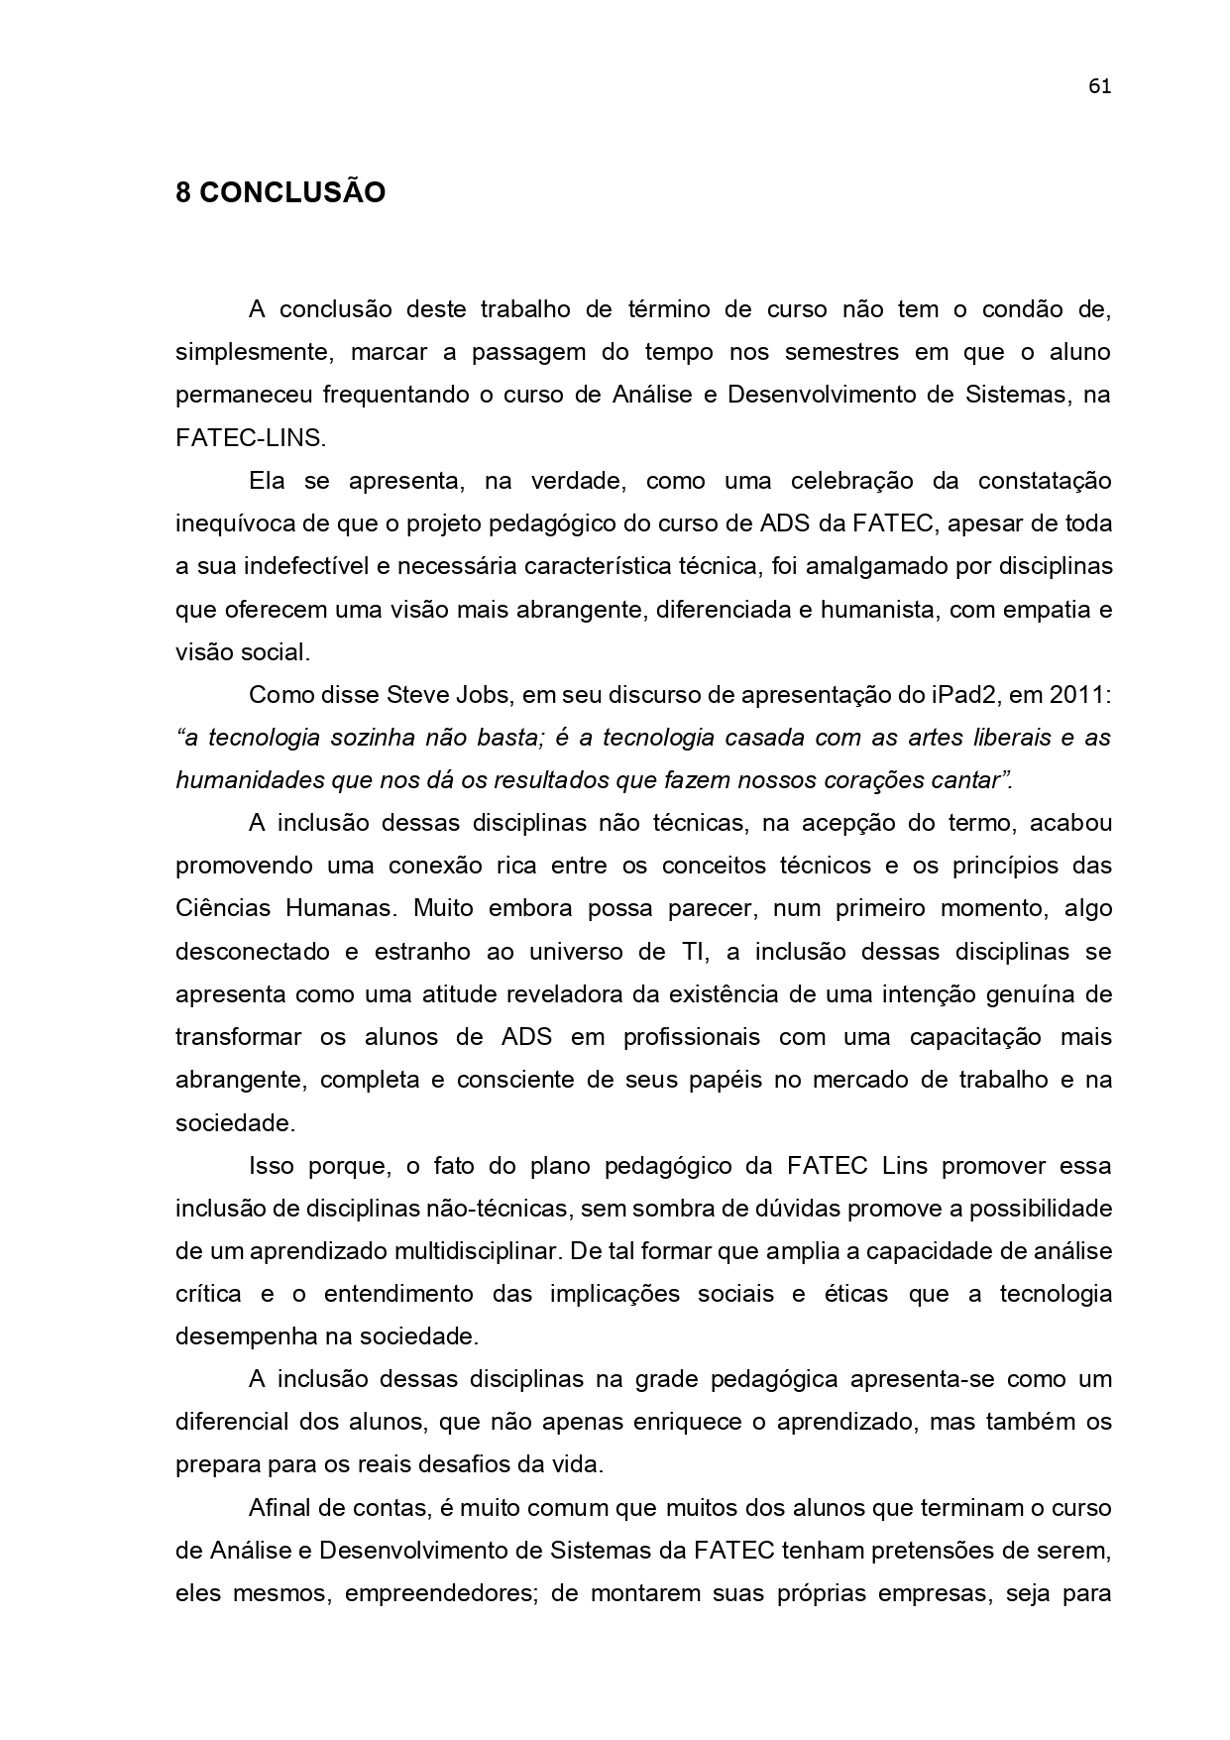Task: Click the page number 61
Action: point(1099,86)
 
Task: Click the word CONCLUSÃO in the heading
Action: point(292,192)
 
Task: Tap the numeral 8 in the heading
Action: point(183,192)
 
